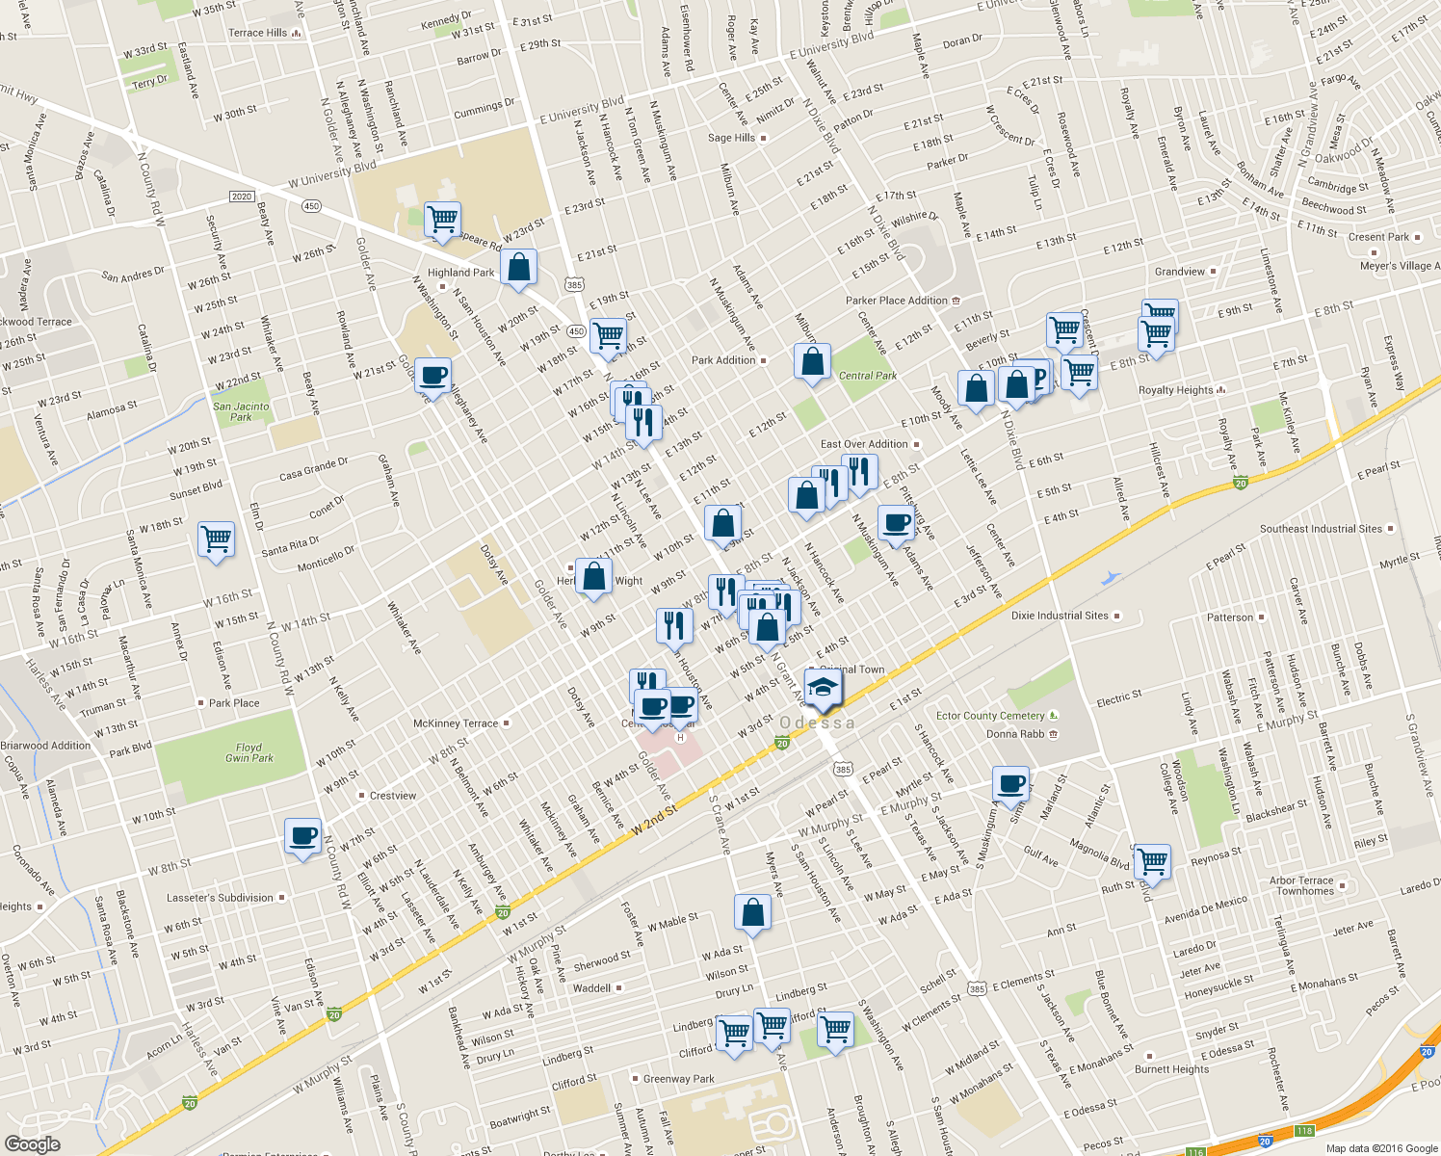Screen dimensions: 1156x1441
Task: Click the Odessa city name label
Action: pyautogui.click(x=817, y=722)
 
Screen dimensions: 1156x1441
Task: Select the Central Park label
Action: pyautogui.click(x=867, y=376)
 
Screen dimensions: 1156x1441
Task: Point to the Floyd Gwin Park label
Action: pyautogui.click(x=249, y=752)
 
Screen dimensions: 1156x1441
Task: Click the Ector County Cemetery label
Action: pyautogui.click(x=990, y=716)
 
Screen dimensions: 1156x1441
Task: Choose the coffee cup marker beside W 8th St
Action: pyautogui.click(x=303, y=835)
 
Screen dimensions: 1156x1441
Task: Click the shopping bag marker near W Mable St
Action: pyautogui.click(x=752, y=911)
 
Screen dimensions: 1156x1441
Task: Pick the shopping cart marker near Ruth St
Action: pyautogui.click(x=1152, y=860)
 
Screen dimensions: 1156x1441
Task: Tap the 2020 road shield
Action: pyautogui.click(x=242, y=197)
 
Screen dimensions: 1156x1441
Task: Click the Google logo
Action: pyautogui.click(x=32, y=1144)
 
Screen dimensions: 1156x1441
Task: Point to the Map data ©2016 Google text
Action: pyautogui.click(x=1381, y=1148)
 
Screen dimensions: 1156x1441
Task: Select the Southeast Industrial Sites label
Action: pyautogui.click(x=1321, y=529)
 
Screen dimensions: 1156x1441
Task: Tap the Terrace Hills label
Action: pyautogui.click(x=257, y=33)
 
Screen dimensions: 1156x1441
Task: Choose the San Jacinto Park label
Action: pyautogui.click(x=241, y=411)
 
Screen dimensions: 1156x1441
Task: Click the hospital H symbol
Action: pyautogui.click(x=681, y=738)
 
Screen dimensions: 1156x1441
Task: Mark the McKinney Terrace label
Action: pyautogui.click(x=456, y=723)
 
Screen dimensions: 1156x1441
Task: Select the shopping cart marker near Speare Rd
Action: pyautogui.click(x=442, y=219)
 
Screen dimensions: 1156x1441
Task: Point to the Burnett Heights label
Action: pyautogui.click(x=1171, y=1069)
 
